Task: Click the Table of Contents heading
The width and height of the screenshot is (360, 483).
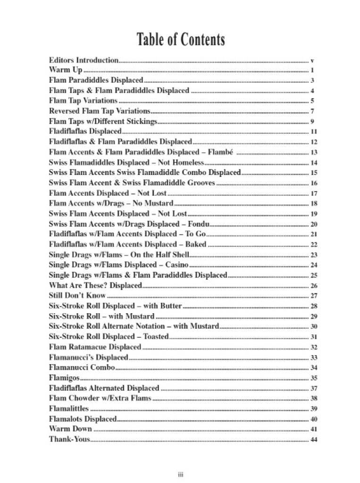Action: click(x=180, y=40)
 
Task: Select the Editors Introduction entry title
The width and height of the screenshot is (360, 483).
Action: click(x=84, y=60)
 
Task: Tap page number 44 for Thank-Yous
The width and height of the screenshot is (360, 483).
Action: click(x=314, y=440)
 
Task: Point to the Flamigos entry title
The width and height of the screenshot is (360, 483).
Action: click(x=64, y=378)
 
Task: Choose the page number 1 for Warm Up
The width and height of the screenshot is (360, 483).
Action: click(x=313, y=71)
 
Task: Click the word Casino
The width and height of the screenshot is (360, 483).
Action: click(x=176, y=265)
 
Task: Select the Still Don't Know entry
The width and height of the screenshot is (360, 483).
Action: click(x=77, y=296)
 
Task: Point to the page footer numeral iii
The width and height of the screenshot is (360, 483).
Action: click(x=180, y=473)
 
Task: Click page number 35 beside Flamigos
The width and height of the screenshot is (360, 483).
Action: click(x=314, y=378)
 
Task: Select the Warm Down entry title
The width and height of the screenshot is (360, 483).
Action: click(x=70, y=429)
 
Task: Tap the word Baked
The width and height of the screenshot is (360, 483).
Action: click(x=195, y=244)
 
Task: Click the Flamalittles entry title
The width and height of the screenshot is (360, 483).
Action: click(x=69, y=408)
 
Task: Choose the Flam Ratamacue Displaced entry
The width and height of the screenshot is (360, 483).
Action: click(x=95, y=347)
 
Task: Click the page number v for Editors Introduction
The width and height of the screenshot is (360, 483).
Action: click(x=313, y=61)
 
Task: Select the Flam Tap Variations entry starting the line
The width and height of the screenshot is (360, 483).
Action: click(x=83, y=100)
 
